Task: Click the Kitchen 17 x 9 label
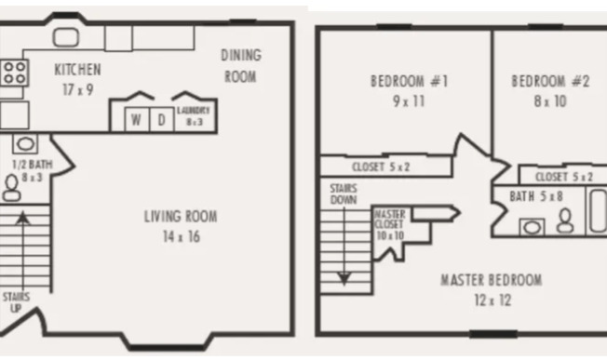click(77, 78)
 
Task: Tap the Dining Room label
click(240, 66)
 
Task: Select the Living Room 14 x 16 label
click(181, 226)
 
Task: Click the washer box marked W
click(136, 120)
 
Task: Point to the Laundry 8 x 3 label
click(194, 114)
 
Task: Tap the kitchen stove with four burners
click(13, 73)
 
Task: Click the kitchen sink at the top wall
click(66, 37)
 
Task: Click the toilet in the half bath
click(12, 188)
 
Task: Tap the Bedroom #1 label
click(409, 89)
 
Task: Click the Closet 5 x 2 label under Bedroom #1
click(381, 167)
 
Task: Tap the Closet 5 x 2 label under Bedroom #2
click(564, 176)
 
